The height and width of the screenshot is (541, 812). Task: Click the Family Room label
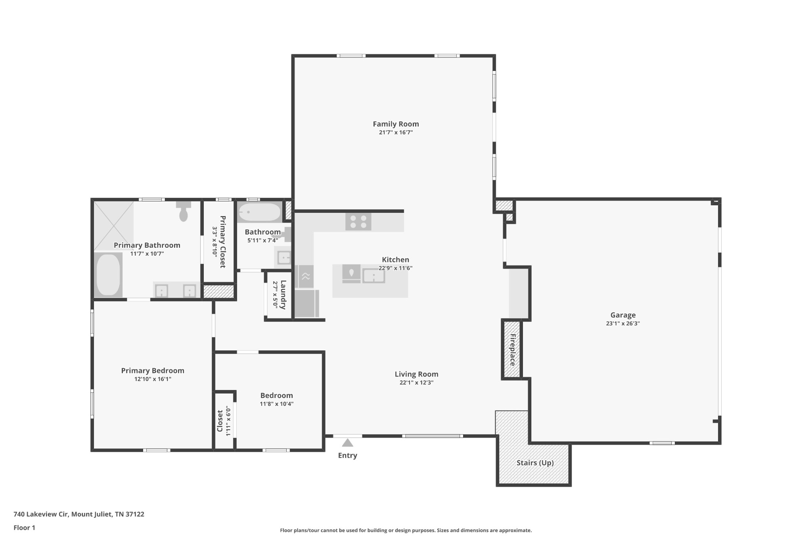coord(396,124)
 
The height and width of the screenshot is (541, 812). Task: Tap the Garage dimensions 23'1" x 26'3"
coord(623,323)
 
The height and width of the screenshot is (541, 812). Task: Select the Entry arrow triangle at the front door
coord(347,443)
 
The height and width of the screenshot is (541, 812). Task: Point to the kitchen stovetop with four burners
coord(358,222)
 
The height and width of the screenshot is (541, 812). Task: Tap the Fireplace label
coord(512,350)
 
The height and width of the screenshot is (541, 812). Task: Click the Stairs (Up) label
coord(535,463)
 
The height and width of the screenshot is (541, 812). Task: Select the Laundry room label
coord(283,294)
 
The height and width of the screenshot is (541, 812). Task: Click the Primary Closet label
coord(222,242)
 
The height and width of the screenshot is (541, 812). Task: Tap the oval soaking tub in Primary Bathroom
coord(108,275)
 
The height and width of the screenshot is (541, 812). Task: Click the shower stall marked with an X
coord(114,226)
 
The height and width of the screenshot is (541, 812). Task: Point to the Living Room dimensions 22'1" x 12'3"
coord(416,383)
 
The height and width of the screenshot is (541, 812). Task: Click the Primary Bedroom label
coord(153,371)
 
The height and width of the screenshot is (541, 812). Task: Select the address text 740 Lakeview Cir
coord(41,514)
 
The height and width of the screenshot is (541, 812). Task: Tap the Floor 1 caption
coord(24,528)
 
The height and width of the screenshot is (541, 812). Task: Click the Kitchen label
coord(395,260)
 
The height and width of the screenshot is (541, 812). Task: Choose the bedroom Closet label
coord(220,421)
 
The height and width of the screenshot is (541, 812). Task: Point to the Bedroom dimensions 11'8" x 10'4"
coord(277,404)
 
